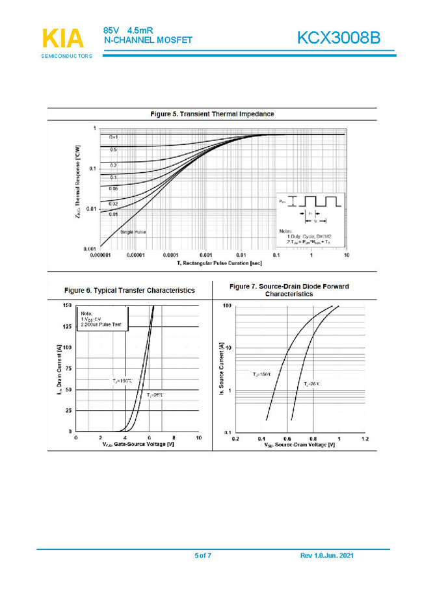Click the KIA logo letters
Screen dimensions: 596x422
(63, 38)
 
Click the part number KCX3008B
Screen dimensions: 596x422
(338, 38)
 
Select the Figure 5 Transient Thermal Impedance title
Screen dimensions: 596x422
(212, 114)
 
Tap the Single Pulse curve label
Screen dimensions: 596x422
(133, 231)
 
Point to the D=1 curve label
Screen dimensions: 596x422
(113, 137)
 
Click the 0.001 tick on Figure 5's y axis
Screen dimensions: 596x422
(90, 249)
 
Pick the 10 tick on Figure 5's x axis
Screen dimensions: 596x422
(347, 256)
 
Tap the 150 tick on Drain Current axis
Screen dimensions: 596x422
(67, 305)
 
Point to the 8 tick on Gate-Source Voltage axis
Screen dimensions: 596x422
(174, 438)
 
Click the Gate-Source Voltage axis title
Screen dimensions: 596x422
(138, 445)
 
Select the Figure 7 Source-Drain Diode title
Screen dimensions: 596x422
(289, 290)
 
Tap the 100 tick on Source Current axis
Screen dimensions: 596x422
(227, 305)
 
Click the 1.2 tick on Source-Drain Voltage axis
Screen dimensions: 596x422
(364, 439)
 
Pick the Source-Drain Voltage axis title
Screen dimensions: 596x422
(299, 445)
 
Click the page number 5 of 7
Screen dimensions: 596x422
(203, 556)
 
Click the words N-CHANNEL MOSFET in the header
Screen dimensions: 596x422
(148, 40)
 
